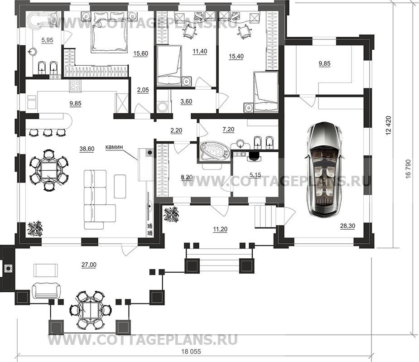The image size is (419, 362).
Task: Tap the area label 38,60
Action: tap(87, 149)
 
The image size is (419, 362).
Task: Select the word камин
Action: tap(114, 147)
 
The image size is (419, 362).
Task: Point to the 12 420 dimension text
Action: tap(389, 125)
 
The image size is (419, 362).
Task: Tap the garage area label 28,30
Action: tap(347, 226)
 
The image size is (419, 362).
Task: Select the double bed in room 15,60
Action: tap(110, 33)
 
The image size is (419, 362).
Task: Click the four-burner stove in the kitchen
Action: tap(75, 86)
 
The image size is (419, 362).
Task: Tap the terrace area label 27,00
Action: tap(89, 265)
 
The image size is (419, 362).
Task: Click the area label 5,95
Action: tap(47, 40)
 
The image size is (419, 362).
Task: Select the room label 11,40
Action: tap(200, 51)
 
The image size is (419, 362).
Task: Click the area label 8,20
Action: tap(187, 177)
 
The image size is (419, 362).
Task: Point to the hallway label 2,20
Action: tap(176, 130)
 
